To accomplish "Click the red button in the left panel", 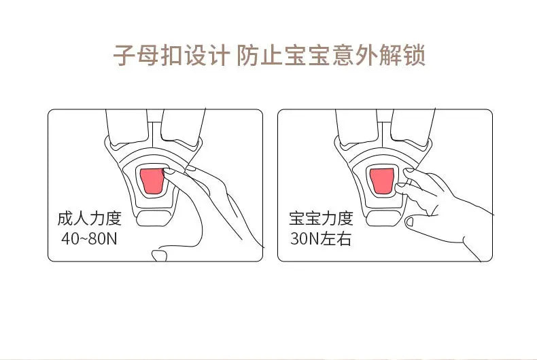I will click(152, 181).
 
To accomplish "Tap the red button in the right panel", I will click(383, 181).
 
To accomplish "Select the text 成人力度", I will click(89, 219).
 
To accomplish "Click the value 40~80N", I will click(89, 239).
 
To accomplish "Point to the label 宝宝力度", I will click(321, 219).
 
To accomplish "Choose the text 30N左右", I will click(321, 239).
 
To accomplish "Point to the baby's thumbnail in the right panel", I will click(409, 221).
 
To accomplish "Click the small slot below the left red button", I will click(152, 219).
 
